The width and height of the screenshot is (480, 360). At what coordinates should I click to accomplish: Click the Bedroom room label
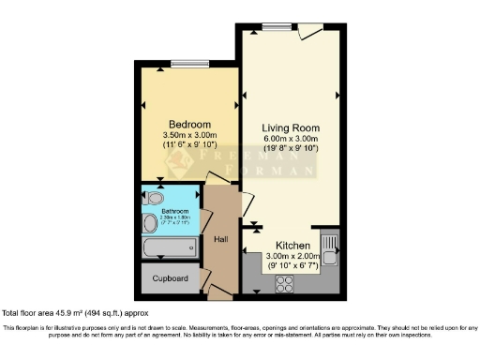click(189, 125)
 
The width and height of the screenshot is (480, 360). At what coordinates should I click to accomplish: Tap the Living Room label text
click(291, 127)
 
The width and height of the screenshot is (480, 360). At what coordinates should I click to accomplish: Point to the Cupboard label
click(171, 278)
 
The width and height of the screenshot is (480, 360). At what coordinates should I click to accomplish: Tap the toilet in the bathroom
click(151, 198)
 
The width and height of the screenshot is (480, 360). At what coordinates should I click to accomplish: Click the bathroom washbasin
click(151, 223)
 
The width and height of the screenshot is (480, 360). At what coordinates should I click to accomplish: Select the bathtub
click(170, 248)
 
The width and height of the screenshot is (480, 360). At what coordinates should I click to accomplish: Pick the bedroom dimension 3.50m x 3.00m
click(189, 136)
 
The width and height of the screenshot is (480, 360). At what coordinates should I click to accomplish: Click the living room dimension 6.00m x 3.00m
click(291, 139)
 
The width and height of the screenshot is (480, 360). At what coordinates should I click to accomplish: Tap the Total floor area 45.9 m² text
click(76, 312)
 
